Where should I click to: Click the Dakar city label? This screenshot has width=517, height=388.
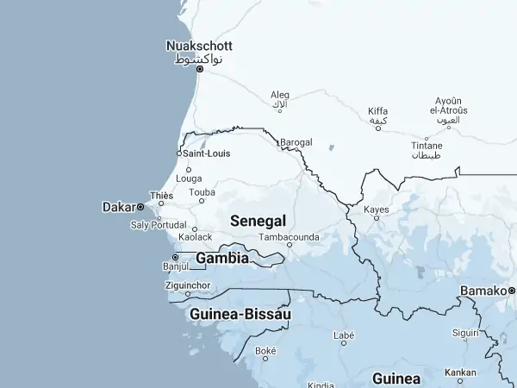118,207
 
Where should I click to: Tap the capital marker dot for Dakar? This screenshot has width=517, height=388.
140,207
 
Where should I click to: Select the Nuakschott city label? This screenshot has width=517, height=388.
199,46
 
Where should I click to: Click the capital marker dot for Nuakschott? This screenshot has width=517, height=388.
200,69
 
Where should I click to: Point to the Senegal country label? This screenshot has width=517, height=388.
258,221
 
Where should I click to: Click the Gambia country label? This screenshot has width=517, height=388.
222,258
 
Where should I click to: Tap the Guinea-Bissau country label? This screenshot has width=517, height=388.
240,315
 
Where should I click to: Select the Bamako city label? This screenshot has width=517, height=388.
483,291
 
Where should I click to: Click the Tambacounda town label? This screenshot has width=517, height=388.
290,236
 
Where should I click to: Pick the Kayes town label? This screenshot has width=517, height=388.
377,210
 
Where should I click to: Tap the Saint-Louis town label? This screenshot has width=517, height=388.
207,153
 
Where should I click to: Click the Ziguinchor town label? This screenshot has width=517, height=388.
187,285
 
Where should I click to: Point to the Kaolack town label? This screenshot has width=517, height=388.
195,236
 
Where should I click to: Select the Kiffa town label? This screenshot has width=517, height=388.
377,111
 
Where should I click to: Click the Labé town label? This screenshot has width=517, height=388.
344,335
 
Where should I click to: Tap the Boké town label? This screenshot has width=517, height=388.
265,351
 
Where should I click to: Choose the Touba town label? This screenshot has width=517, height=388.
202,192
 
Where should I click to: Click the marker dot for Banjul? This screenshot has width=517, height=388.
175,257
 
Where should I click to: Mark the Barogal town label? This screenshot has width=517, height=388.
296,142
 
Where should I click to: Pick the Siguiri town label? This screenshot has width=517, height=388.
466,332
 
